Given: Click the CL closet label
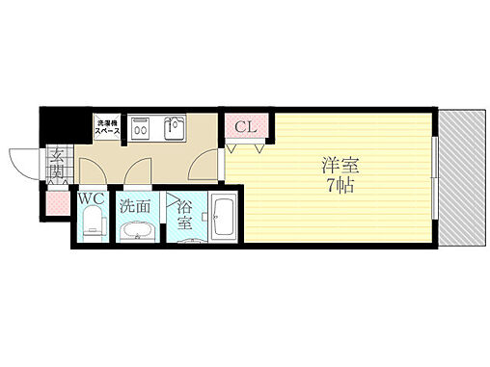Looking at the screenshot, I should [245, 125].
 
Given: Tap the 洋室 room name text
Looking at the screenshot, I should [337, 164].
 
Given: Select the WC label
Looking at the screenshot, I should [91, 199].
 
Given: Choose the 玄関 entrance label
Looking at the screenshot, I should [57, 163].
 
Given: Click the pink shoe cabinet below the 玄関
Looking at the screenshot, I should [56, 202].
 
